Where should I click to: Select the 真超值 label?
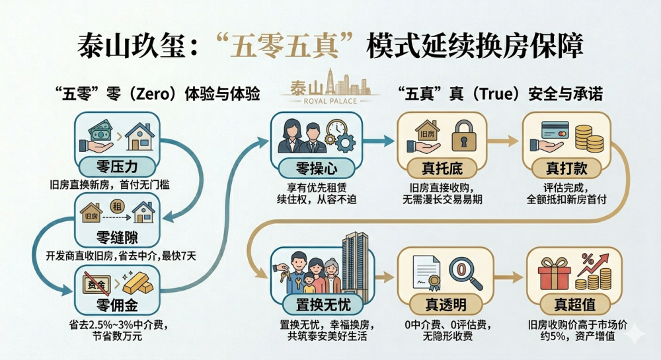(x=570, y=304)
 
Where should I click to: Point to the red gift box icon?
(x=554, y=273)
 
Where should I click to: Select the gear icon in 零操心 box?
(x=344, y=140)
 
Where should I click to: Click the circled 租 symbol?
(x=116, y=205)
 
